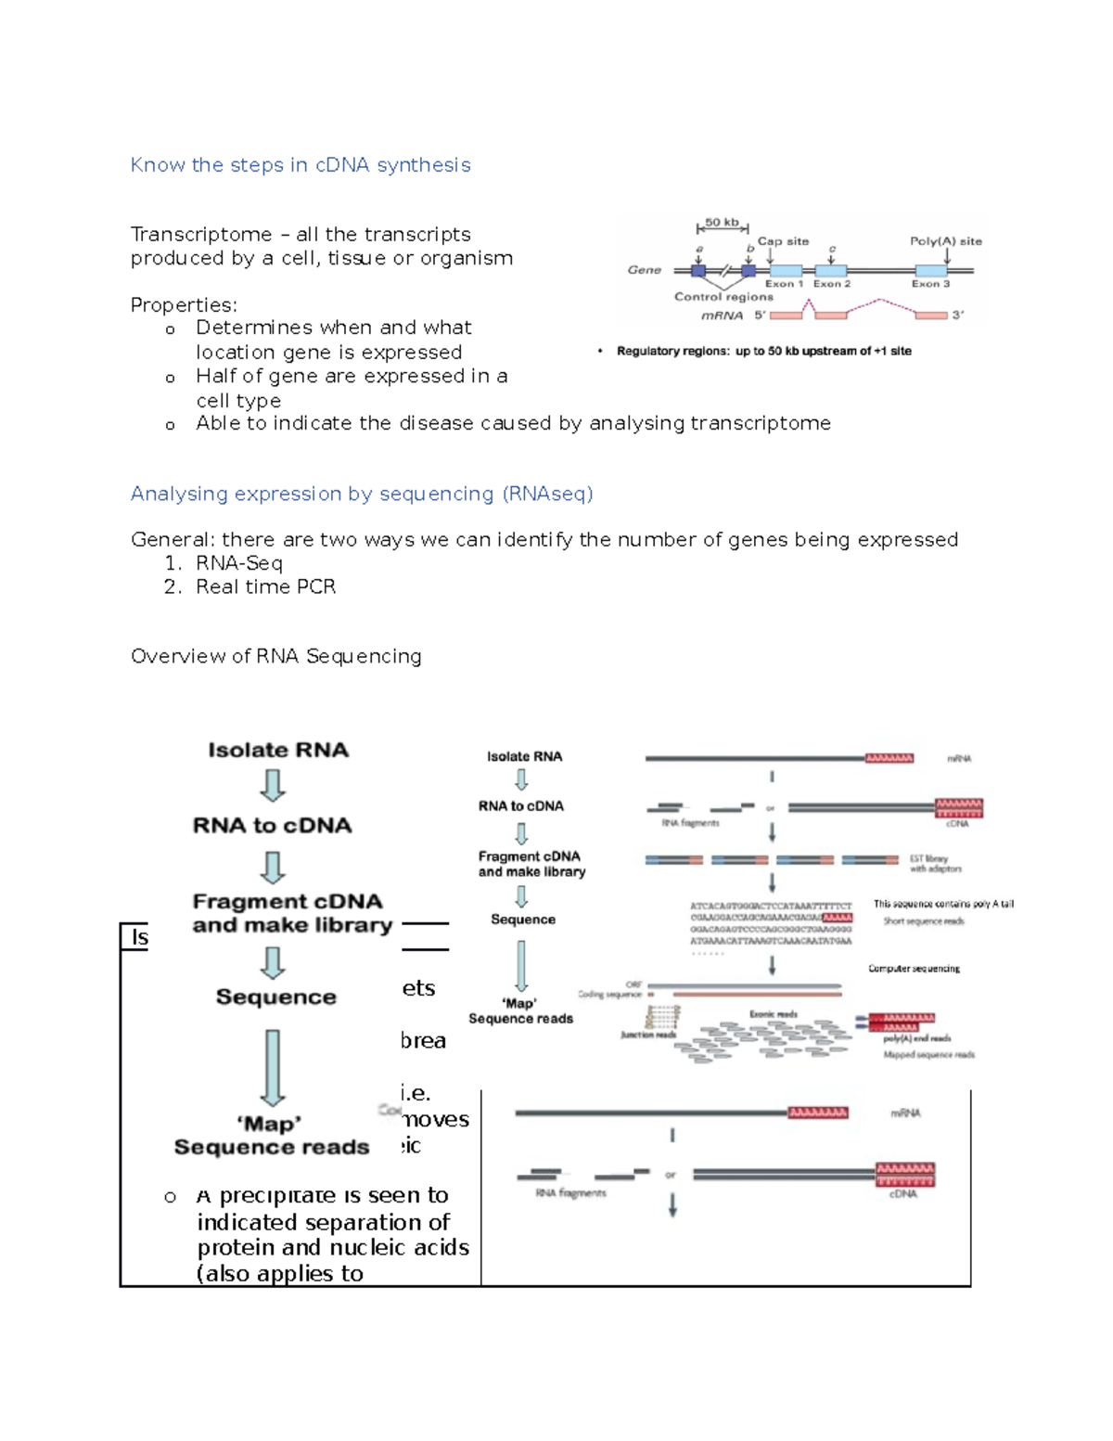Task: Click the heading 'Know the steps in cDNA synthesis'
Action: [300, 165]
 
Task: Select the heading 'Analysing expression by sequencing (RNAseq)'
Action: [361, 494]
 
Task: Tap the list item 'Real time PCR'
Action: [265, 587]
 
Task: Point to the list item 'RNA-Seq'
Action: [238, 563]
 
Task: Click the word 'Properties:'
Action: [184, 305]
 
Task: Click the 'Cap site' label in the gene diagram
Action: [783, 241]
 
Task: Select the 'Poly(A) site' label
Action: [945, 241]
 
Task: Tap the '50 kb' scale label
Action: [722, 223]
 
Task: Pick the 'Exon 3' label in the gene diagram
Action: [930, 284]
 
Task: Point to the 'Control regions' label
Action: [723, 297]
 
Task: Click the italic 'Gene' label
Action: [644, 270]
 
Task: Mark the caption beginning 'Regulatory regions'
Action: [763, 352]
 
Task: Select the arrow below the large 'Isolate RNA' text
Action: [273, 785]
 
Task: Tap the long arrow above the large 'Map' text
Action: [273, 1067]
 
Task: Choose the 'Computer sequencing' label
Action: [914, 969]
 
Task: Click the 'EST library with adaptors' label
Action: [935, 864]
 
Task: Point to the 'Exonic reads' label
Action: [773, 1014]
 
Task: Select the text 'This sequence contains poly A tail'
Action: [942, 904]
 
